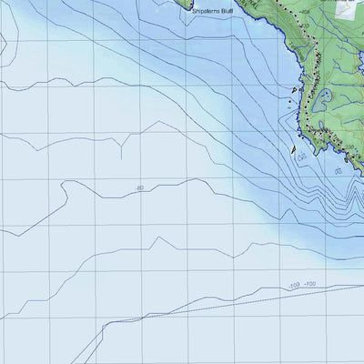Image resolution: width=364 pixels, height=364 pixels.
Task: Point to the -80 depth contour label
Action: pyautogui.click(x=139, y=188)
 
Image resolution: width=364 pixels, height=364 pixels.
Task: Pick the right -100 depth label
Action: pyautogui.click(x=309, y=285)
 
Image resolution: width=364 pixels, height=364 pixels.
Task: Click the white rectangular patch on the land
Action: pyautogui.click(x=344, y=7)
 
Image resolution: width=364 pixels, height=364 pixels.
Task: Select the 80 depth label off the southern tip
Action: pyautogui.click(x=338, y=170)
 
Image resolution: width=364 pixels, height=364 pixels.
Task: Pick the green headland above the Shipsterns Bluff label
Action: pyautogui.click(x=202, y=3)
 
